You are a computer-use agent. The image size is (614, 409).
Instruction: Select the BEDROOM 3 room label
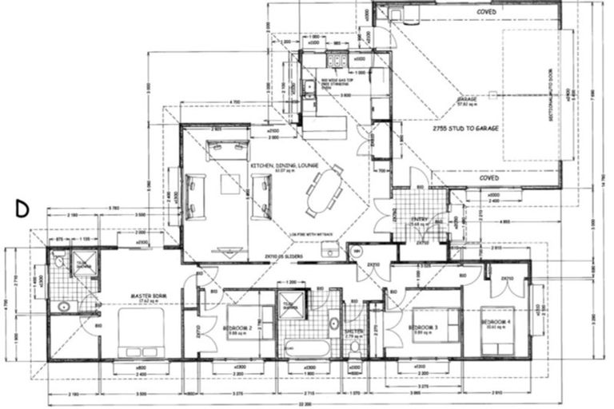pyautogui.click(x=423, y=328)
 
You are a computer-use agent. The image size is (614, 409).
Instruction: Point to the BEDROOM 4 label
pyautogui.click(x=496, y=321)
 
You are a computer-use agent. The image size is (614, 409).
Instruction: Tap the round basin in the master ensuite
pyautogui.click(x=62, y=305)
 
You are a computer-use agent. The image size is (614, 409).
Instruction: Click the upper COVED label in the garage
pyautogui.click(x=486, y=12)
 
